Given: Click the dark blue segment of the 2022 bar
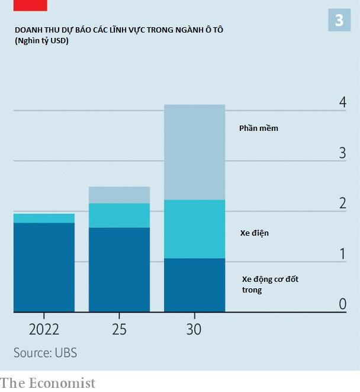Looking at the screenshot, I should click(44, 266).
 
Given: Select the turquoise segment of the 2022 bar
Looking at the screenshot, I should click(44, 219).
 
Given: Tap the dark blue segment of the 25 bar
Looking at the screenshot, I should click(119, 269).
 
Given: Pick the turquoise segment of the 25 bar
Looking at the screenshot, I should click(119, 216).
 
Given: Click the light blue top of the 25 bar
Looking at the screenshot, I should click(119, 195).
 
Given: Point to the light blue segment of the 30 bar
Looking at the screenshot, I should click(194, 152).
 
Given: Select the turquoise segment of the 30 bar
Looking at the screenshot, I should click(194, 229).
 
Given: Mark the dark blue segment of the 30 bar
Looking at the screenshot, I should click(194, 285).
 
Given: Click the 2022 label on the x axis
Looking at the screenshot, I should click(44, 330).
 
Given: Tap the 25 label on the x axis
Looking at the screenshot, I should click(119, 330).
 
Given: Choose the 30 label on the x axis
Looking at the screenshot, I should click(194, 330).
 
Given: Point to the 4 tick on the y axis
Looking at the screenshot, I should click(342, 102).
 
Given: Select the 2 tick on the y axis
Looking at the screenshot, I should click(342, 203).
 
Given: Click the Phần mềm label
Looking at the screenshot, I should click(258, 128).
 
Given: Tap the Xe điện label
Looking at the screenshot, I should click(254, 233).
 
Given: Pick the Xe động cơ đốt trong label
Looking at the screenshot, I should click(269, 284).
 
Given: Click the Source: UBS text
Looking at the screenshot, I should click(45, 353).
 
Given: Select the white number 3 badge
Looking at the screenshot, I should click(339, 21).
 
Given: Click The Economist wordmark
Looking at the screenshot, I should click(47, 383).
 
